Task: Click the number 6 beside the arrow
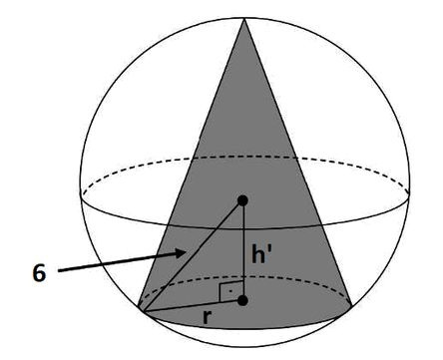pyautogui.click(x=38, y=271)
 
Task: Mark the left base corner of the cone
pyautogui.click(x=140, y=312)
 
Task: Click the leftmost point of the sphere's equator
pyautogui.click(x=81, y=191)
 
